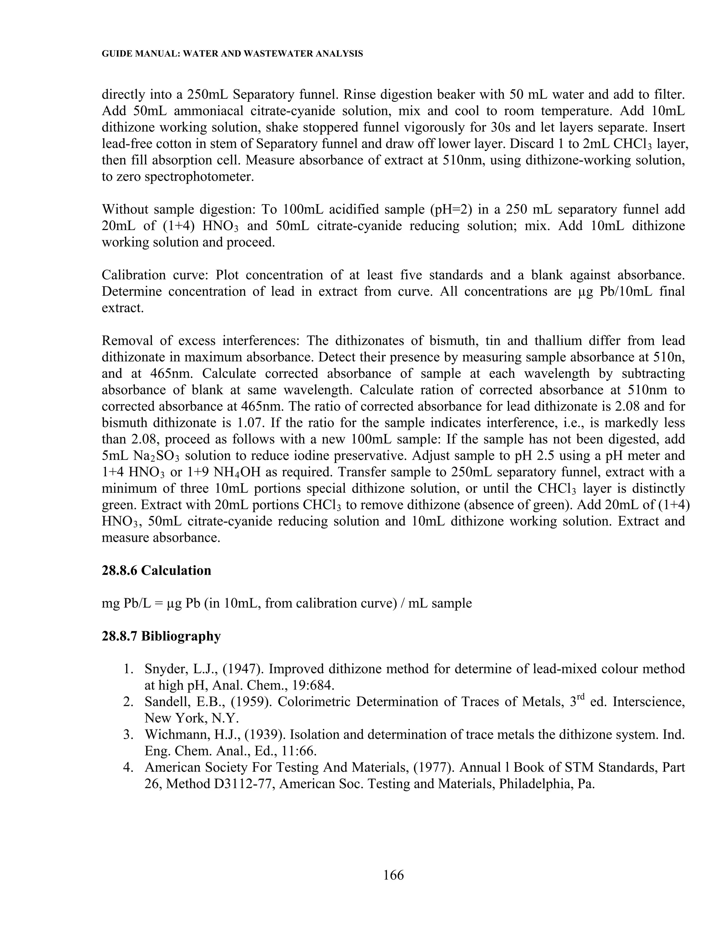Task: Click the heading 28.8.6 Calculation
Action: (x=156, y=570)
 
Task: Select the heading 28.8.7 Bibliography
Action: (x=161, y=636)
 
